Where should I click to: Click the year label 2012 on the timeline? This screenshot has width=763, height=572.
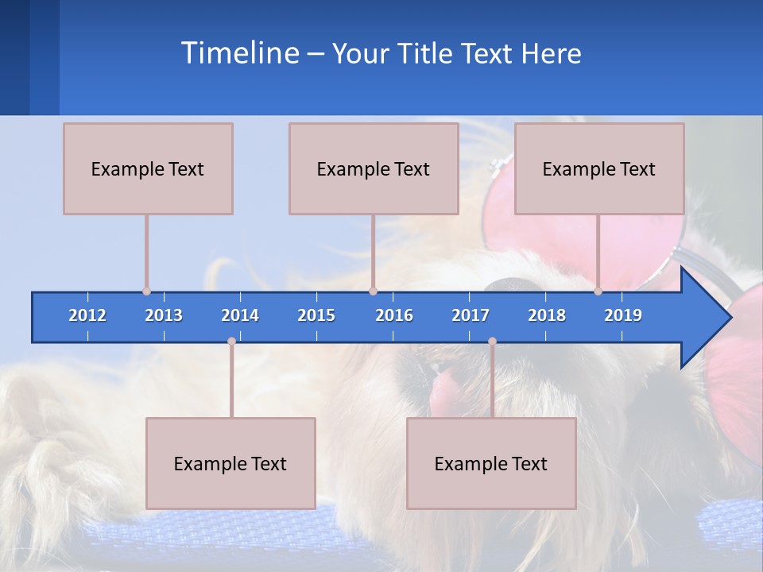pos(87,315)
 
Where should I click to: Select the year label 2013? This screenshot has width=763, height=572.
pos(164,315)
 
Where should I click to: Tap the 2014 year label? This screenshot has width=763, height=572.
pos(240,315)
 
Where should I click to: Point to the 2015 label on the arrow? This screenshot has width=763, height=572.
pos(316,315)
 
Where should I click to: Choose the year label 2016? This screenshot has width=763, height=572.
pos(394,315)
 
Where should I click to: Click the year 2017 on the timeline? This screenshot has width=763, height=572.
pos(471,315)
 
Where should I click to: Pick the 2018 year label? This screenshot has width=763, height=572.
pos(547,315)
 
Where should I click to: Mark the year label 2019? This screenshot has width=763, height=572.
pos(623,315)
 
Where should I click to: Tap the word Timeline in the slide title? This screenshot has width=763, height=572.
pos(239,53)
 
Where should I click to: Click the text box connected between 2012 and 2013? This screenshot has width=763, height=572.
pos(148,168)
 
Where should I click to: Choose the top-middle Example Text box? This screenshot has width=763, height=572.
pos(374,168)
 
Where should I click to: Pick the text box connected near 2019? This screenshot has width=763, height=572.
pos(599,168)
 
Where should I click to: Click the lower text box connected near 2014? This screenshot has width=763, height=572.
pos(230,463)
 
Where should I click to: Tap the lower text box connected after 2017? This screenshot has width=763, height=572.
pos(491,463)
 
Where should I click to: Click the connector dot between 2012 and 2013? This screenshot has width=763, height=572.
pos(147,292)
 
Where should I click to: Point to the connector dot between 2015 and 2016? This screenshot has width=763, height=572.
pos(374,292)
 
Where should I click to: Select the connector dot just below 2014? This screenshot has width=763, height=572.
pos(231,342)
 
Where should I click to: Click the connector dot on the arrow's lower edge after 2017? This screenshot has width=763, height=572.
pos(492,342)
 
